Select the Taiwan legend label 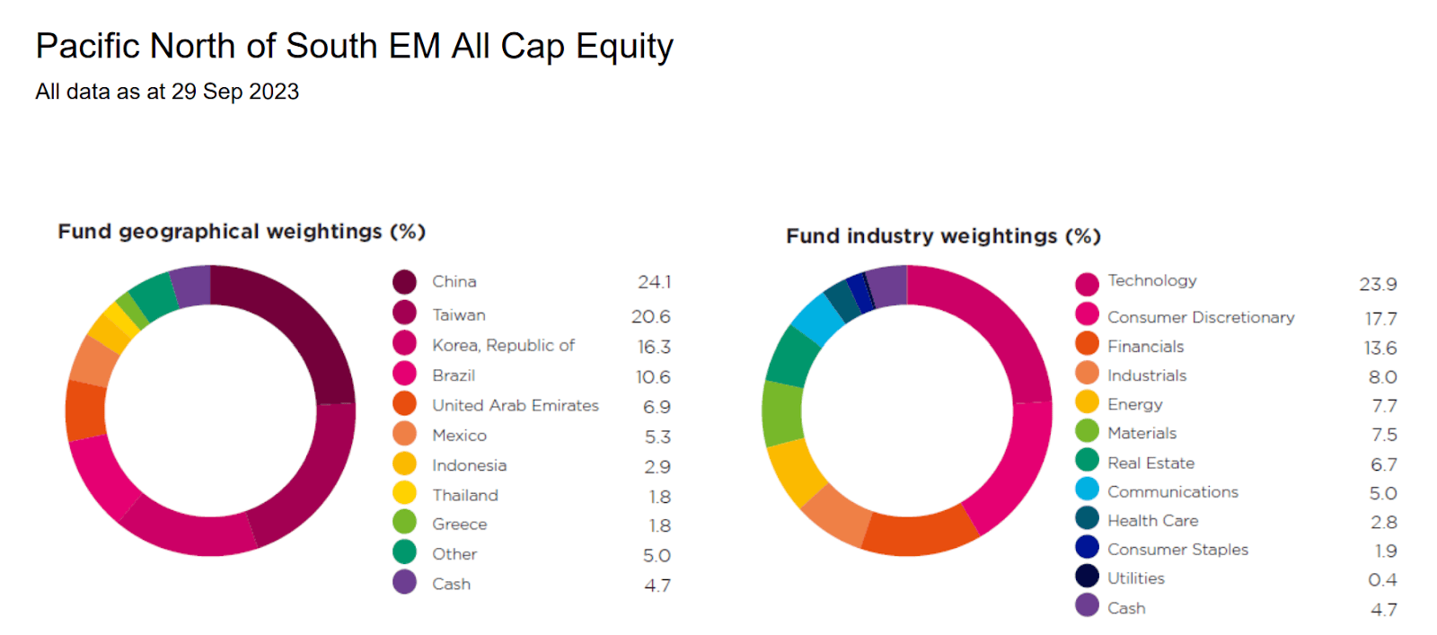pos(458,315)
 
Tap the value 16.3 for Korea pos(654,347)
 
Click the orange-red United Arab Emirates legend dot pos(404,403)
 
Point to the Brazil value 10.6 pos(653,377)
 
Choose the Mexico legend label pos(459,436)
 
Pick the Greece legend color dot pos(404,522)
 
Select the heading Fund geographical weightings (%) pos(242,232)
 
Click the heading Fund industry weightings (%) pos(943,236)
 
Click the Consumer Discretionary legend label pos(1200,317)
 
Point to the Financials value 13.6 pos(1380,348)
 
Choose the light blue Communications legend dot pos(1087,489)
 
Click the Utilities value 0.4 pos(1382,580)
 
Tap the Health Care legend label pos(1152,521)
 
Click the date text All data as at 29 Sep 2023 pos(167,92)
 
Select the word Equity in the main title pos(624,47)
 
